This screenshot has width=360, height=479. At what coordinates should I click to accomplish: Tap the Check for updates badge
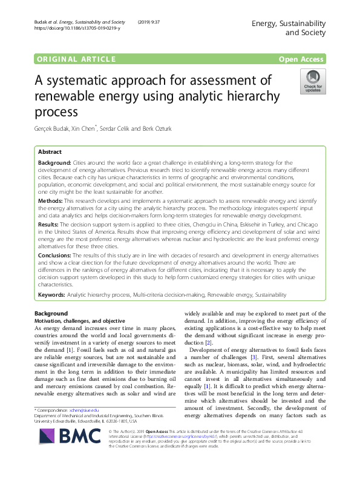313,82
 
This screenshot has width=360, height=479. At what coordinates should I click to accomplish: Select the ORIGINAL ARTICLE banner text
76,59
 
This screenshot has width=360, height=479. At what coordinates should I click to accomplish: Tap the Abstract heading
50,152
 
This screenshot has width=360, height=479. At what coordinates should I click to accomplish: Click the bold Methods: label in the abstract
50,200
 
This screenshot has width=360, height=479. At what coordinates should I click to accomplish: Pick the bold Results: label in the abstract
49,223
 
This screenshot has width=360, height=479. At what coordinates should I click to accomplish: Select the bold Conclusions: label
55,256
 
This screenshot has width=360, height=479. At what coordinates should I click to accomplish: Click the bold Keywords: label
51,294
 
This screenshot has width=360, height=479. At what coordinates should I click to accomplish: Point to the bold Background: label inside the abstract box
54,164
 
